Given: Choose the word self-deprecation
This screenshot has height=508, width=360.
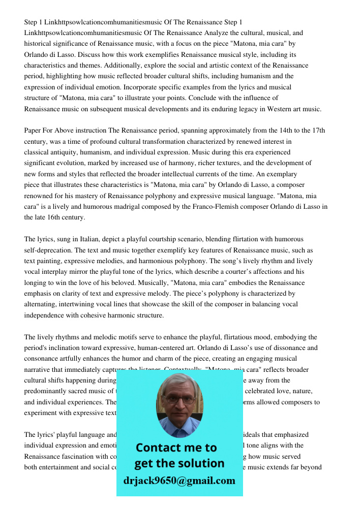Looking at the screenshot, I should click(47, 250).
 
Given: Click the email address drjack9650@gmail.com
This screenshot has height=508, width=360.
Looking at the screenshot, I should click(179, 481).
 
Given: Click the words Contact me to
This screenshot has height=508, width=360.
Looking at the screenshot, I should click(176, 448).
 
